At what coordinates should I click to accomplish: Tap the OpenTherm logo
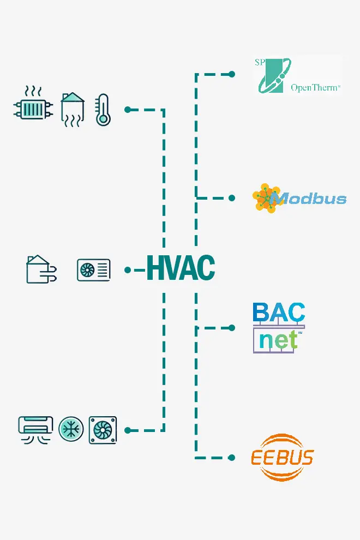point(298,75)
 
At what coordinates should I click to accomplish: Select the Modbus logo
point(299,198)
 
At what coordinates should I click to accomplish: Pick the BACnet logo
point(279,327)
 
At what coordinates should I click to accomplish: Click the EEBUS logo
point(282,457)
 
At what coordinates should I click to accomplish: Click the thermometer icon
point(103,110)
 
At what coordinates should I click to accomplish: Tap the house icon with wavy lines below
point(73,110)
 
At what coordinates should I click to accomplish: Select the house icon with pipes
point(39,269)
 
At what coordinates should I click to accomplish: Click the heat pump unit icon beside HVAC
point(93,269)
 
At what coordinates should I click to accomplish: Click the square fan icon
point(103,430)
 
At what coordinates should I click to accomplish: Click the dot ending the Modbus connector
point(232,198)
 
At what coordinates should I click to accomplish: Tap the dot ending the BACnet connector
point(232,328)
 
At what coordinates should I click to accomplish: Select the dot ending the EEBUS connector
point(232,457)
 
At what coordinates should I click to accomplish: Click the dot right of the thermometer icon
point(128,110)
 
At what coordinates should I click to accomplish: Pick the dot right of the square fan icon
point(128,430)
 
